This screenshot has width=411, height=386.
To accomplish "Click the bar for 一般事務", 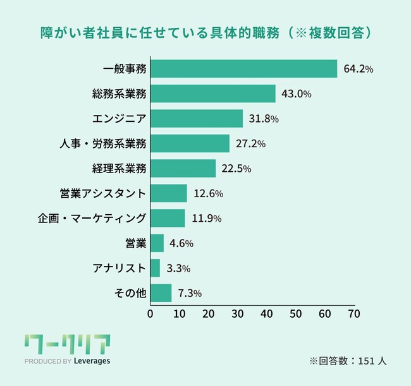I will click(x=243, y=69).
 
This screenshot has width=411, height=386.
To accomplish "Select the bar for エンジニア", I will click(x=197, y=119).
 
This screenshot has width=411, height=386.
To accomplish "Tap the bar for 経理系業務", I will click(x=183, y=168).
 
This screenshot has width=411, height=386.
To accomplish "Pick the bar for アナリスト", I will click(x=156, y=268).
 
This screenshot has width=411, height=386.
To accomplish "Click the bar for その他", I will click(x=161, y=293).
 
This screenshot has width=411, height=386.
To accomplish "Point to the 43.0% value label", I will click(x=297, y=94).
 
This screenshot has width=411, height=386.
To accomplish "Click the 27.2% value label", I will click(x=250, y=144).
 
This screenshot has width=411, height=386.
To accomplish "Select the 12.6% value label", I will click(x=208, y=193).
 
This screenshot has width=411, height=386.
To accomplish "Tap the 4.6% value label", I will click(x=181, y=243).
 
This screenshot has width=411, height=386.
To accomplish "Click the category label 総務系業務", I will click(x=119, y=94).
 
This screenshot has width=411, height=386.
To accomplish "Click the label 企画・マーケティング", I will click(x=92, y=219).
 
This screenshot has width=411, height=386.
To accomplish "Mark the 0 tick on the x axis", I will click(x=150, y=313).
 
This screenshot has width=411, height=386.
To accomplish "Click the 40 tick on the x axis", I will click(x=267, y=313).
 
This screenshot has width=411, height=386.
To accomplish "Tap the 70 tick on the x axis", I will click(x=354, y=313).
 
